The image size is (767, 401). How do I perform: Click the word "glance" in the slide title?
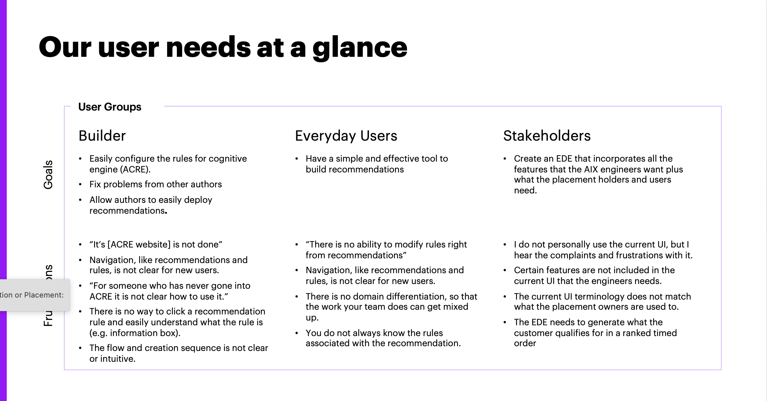click(360, 48)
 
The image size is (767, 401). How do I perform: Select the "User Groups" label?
click(110, 107)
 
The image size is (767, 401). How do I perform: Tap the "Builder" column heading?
click(102, 136)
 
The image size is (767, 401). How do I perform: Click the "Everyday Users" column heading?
click(346, 136)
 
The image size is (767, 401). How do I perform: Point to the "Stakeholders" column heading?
click(547, 136)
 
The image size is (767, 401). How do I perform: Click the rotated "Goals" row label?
click(48, 174)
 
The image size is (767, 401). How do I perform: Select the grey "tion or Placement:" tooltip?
click(32, 295)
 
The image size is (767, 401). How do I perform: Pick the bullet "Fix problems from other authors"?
click(156, 184)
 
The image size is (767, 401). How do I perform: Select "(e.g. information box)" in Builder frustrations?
click(135, 333)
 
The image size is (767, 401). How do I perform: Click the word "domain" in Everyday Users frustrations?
click(368, 297)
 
